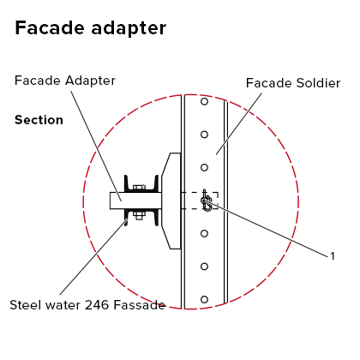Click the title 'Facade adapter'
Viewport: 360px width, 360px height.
pos(90,28)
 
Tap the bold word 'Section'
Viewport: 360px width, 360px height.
pos(39,120)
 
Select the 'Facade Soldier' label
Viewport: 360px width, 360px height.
pos(293,83)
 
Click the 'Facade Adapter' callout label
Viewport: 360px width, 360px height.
pos(65,81)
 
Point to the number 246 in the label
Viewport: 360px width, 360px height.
pos(98,305)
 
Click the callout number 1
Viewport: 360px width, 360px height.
pos(333,256)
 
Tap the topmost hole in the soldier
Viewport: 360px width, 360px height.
pos(204,101)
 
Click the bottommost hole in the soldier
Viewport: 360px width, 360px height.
pos(204,299)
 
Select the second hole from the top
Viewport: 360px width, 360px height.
pos(204,135)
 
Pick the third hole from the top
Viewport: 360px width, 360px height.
pos(204,167)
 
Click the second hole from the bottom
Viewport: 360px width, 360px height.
pos(204,267)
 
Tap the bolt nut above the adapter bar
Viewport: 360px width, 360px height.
pos(138,188)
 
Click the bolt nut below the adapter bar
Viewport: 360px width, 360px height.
pos(139,215)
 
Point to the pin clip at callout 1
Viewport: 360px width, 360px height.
pos(207,201)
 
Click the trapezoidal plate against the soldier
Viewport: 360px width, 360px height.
pos(171,201)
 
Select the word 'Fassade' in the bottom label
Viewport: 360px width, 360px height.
pos(140,305)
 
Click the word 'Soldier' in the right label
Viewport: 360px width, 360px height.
pos(318,83)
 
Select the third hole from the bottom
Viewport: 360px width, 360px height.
pos(204,233)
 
